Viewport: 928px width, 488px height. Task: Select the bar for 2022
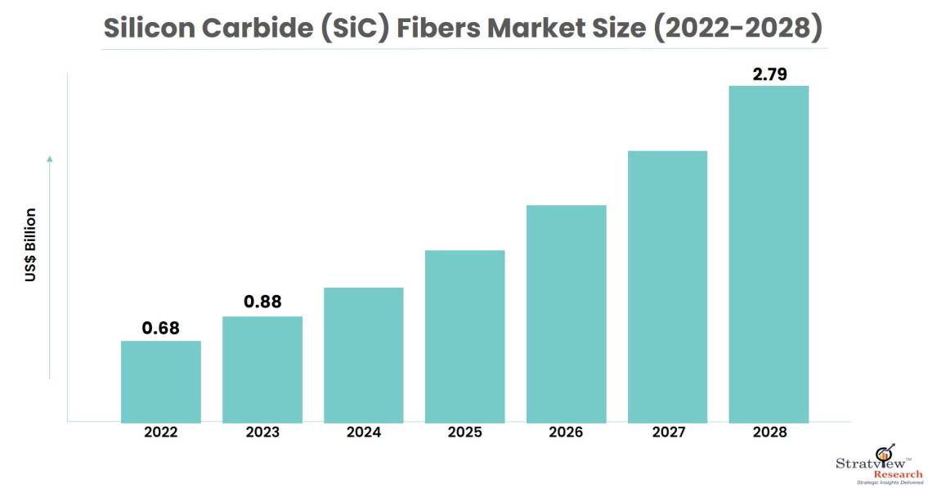click(x=161, y=381)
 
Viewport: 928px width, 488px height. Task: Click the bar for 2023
click(x=262, y=369)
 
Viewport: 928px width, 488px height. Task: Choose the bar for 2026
click(x=566, y=313)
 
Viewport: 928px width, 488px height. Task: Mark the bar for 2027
click(x=667, y=286)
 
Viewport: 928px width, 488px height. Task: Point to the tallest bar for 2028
click(x=769, y=253)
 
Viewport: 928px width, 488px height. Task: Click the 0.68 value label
click(x=161, y=329)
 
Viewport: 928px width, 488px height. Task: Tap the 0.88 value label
click(x=262, y=302)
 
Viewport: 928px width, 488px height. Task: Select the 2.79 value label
click(x=769, y=74)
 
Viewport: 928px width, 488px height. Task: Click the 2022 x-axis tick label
click(x=161, y=432)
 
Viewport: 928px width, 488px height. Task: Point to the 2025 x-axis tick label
click(x=465, y=432)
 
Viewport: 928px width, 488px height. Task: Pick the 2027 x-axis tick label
click(x=667, y=432)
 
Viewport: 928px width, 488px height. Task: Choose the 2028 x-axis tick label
click(x=769, y=432)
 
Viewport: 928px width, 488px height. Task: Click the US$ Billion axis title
click(x=30, y=245)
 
